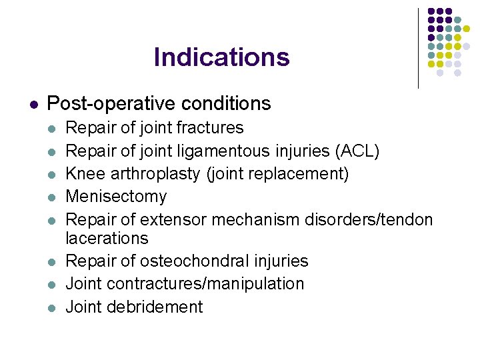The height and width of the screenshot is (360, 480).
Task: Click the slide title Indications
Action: [221, 57]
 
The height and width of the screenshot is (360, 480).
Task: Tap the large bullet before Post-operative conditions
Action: [33, 105]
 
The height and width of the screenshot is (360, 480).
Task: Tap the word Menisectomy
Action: [117, 197]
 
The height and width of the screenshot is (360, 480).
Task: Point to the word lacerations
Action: [107, 238]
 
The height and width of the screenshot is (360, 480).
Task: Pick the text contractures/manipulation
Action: [205, 283]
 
